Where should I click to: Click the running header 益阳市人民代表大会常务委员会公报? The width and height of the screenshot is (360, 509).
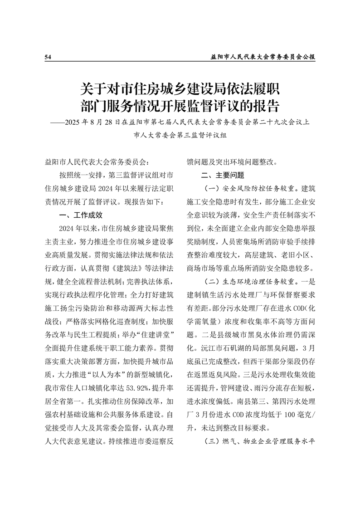[x=263, y=57]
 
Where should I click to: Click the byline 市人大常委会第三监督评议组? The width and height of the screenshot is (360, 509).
[x=180, y=135]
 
